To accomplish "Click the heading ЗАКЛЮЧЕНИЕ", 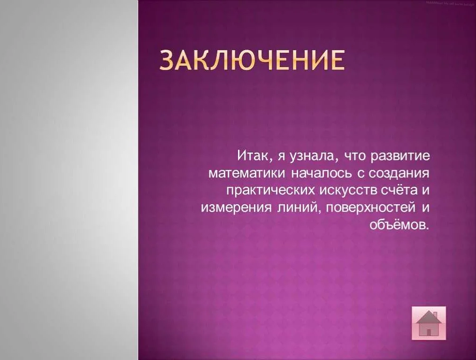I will click(x=252, y=60).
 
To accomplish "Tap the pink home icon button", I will click(x=429, y=323).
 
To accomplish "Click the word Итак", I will click(x=253, y=156).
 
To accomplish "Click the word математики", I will click(x=246, y=174).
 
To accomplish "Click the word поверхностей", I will click(x=369, y=208).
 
